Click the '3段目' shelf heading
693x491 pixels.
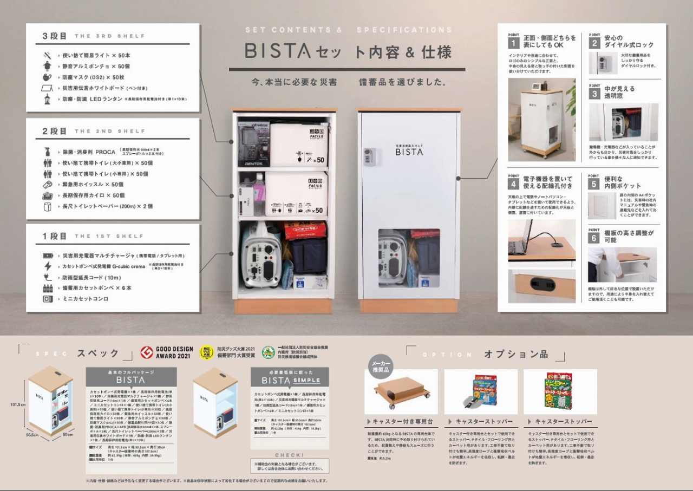[55, 36]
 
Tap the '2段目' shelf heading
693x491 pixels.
[55, 132]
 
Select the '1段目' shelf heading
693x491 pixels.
[55, 237]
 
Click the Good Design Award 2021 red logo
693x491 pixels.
[146, 353]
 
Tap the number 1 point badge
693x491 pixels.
[513, 42]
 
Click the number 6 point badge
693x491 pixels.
[594, 237]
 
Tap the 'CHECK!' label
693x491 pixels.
[290, 455]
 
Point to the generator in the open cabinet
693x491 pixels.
[261, 254]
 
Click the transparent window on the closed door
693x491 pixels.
[409, 258]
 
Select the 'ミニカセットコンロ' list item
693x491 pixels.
[86, 299]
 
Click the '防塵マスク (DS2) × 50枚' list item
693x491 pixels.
[94, 77]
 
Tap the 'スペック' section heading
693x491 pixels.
[98, 353]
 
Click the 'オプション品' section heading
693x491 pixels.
[516, 355]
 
